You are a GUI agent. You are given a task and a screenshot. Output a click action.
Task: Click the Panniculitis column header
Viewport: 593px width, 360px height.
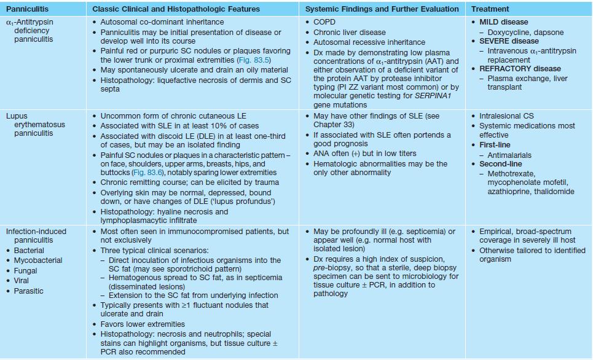tap(27, 9)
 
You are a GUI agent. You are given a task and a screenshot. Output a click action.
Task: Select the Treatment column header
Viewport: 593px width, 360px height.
tap(490, 9)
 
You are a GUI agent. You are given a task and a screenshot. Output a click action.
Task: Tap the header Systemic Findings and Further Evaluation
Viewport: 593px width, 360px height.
tap(382, 9)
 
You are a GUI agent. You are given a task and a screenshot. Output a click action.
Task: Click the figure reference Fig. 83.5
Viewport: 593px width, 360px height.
tap(253, 60)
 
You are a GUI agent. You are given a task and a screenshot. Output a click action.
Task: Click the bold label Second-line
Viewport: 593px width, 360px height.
tap(501, 164)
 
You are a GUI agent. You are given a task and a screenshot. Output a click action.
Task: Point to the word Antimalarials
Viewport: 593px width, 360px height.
tap(509, 155)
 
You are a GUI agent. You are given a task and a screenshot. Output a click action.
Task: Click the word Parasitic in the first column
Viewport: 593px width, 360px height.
tap(29, 291)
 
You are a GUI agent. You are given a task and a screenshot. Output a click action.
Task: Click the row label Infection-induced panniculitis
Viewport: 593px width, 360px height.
tap(36, 236)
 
